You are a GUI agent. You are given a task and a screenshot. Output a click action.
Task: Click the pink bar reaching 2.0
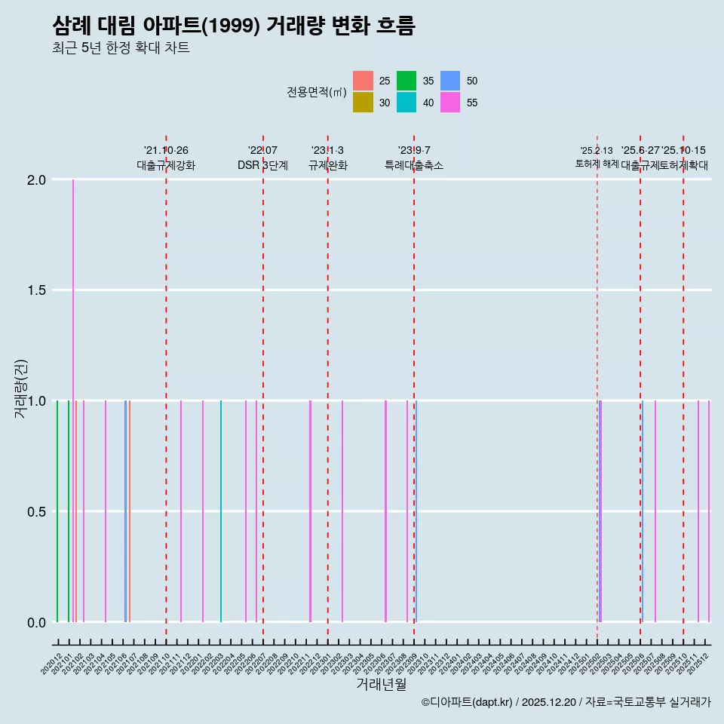tap(73, 302)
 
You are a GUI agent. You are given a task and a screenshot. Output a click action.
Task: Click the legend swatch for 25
tap(363, 81)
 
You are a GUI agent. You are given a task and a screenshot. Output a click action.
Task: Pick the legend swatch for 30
tap(363, 103)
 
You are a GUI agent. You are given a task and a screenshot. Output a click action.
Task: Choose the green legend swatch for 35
tap(406, 81)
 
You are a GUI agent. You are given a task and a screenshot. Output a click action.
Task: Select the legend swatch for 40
tap(406, 103)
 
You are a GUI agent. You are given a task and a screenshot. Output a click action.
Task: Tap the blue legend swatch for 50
tap(450, 81)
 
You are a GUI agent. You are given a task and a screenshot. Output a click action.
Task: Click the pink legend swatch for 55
tap(450, 103)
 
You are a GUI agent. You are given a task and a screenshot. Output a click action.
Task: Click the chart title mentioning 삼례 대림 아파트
tap(234, 26)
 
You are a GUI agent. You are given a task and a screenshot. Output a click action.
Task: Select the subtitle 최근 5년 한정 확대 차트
tap(121, 48)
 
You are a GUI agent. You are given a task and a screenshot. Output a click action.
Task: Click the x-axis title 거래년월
tap(382, 684)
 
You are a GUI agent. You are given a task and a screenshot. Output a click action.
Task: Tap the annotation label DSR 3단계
tap(262, 165)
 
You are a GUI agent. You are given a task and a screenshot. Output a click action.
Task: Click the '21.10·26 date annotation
tap(166, 150)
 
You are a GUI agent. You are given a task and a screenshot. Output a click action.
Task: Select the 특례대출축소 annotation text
tap(414, 165)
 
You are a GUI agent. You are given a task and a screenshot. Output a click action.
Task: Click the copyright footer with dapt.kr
tap(566, 702)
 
